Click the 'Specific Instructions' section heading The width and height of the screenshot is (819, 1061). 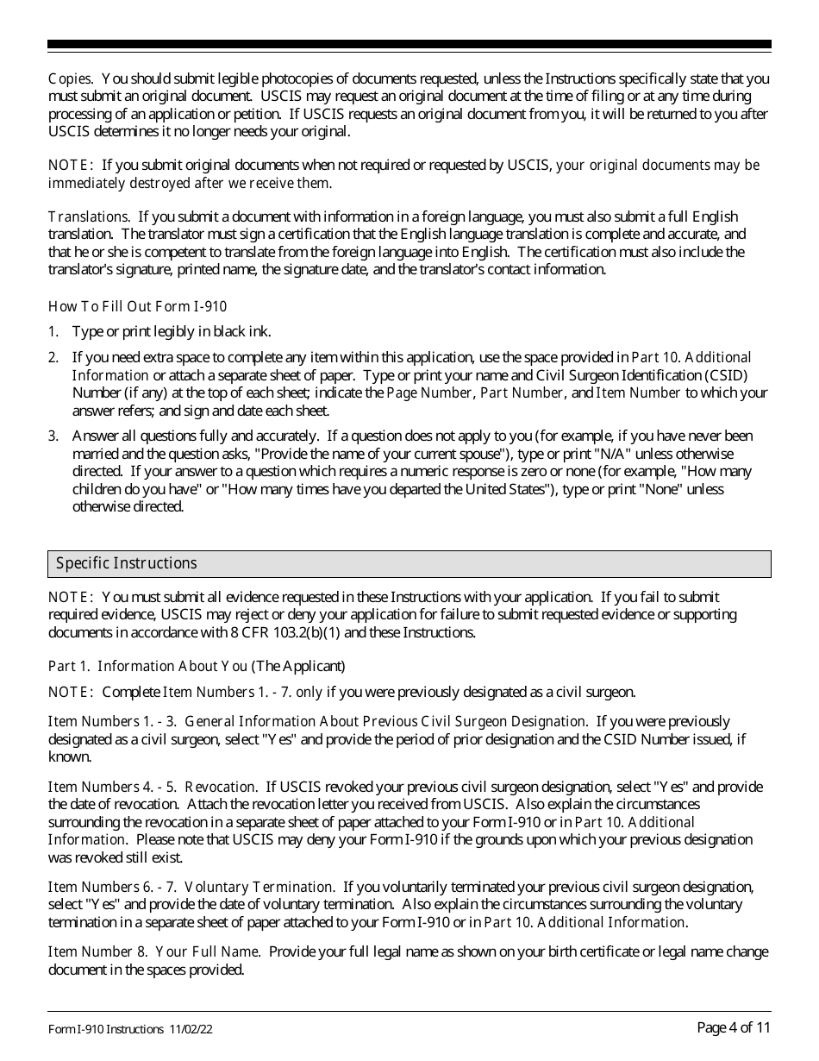[x=127, y=563]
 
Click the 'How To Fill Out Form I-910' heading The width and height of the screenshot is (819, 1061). [x=137, y=306]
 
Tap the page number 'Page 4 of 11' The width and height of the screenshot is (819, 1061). [x=734, y=1026]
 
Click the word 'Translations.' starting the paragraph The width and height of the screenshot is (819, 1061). [x=89, y=217]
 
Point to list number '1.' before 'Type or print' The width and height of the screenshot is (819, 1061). [x=53, y=331]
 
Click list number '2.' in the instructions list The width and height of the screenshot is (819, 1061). [x=53, y=357]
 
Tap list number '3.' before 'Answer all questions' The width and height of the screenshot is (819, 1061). [x=53, y=436]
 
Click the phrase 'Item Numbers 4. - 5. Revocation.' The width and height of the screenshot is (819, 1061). [x=153, y=787]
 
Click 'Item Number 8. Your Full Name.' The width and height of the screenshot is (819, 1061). [x=154, y=951]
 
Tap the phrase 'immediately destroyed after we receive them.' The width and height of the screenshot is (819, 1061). [x=190, y=183]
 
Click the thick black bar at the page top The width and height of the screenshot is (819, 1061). [x=409, y=44]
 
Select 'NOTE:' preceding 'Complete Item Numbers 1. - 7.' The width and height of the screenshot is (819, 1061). [x=71, y=692]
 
